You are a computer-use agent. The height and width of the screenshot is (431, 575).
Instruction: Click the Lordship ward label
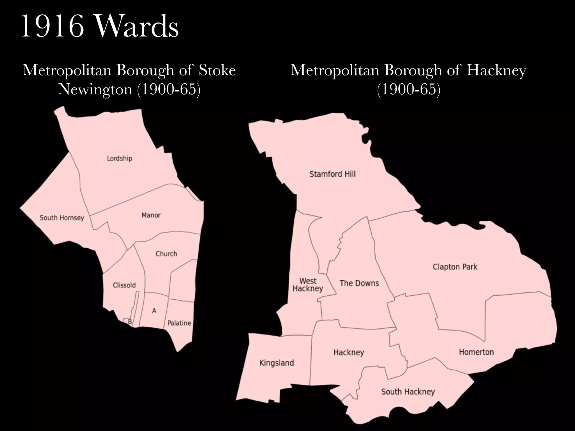(119, 159)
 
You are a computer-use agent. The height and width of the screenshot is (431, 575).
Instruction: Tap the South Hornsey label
(62, 218)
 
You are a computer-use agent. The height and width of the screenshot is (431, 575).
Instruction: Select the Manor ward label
(151, 215)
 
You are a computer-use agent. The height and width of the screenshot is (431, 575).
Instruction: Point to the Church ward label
(166, 254)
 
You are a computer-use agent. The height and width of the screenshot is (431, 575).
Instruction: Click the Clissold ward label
(124, 285)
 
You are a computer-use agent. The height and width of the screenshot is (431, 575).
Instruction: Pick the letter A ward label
(154, 311)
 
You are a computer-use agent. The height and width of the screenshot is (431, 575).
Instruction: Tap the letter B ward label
(130, 322)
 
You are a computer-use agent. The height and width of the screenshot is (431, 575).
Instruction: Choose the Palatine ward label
(179, 323)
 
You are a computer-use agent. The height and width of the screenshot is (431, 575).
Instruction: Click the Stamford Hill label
(332, 174)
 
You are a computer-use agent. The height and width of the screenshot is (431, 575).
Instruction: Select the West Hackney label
(308, 285)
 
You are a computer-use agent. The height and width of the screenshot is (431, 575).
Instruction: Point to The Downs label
(359, 283)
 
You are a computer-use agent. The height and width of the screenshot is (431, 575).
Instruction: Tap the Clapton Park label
(455, 267)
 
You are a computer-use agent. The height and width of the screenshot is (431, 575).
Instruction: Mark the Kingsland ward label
(277, 363)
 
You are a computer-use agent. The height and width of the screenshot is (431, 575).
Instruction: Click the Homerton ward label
(476, 352)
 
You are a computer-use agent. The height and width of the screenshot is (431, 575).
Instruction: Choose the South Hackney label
(408, 392)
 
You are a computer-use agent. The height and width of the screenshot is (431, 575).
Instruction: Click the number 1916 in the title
(53, 27)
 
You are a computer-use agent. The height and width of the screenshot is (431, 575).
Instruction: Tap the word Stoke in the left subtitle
(217, 70)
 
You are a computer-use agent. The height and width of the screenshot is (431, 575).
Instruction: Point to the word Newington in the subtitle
(95, 89)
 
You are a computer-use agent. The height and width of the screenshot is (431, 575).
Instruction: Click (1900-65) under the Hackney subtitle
(409, 89)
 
